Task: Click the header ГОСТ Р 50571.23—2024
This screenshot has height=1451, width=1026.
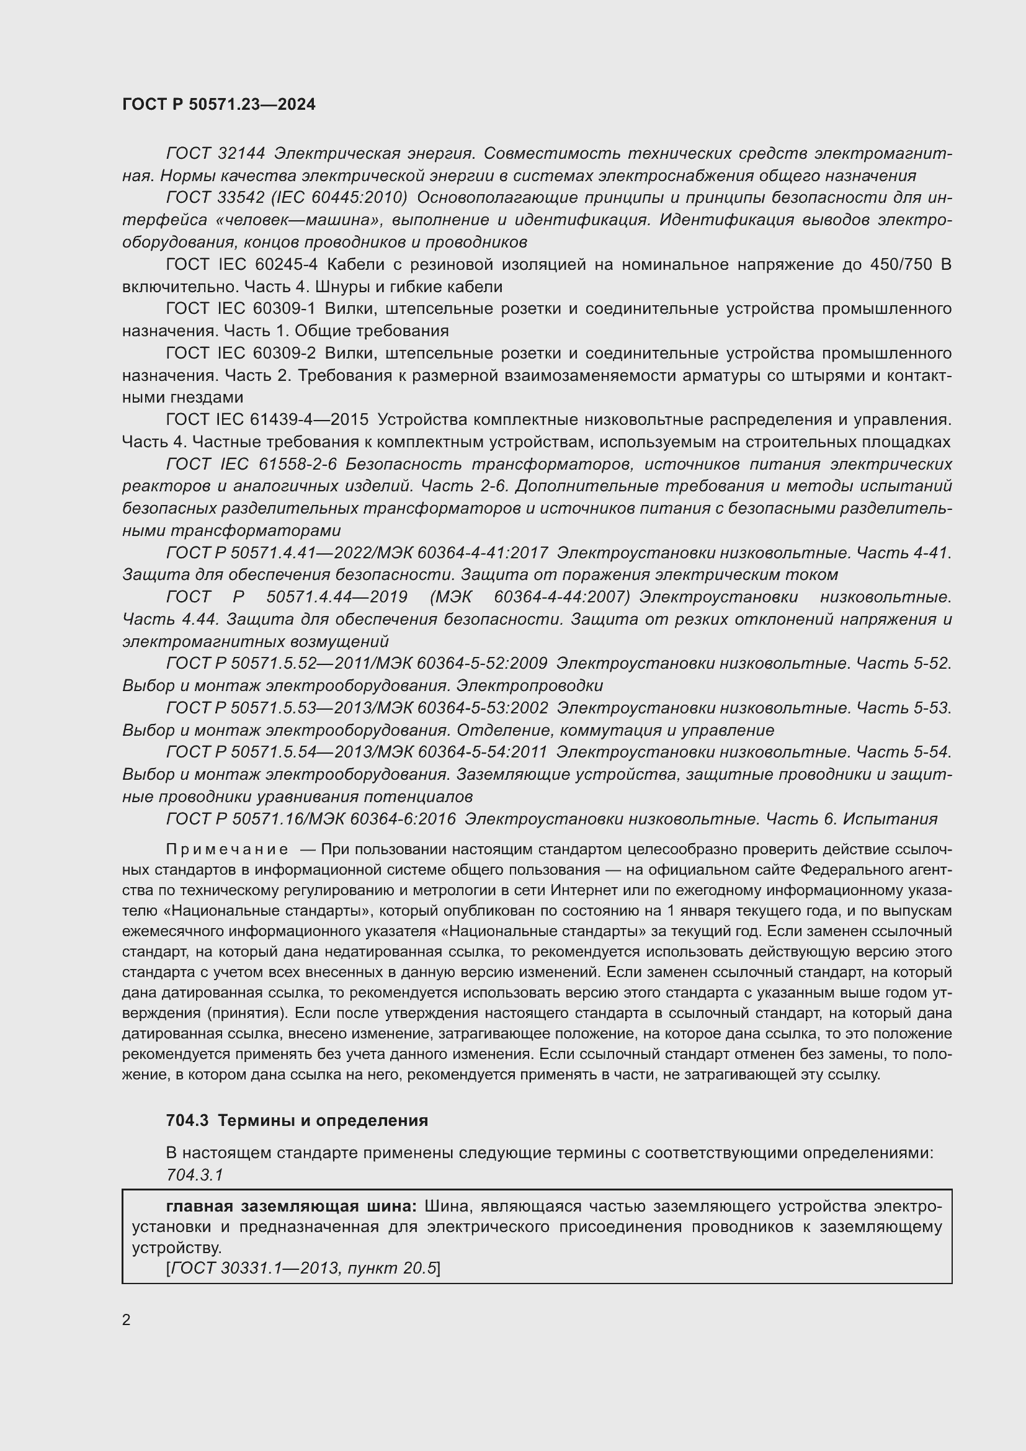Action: tap(218, 104)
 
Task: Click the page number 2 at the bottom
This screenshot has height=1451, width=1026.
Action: tap(127, 1319)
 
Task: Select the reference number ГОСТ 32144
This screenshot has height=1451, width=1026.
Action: tap(215, 154)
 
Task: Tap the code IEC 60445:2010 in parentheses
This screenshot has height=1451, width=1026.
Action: tap(339, 198)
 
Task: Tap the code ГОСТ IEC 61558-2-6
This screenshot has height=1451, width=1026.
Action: tap(251, 464)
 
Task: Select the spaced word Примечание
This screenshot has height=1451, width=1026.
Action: tap(228, 849)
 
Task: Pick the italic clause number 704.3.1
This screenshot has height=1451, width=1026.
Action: tap(195, 1175)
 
